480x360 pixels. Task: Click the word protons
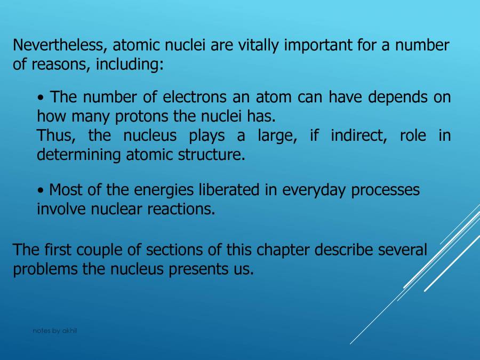(x=164, y=116)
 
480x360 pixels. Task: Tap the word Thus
(x=55, y=135)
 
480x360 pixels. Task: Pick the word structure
(x=212, y=155)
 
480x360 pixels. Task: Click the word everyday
(x=314, y=190)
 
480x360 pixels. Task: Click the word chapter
(x=283, y=250)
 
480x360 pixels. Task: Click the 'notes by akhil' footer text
(x=54, y=331)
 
